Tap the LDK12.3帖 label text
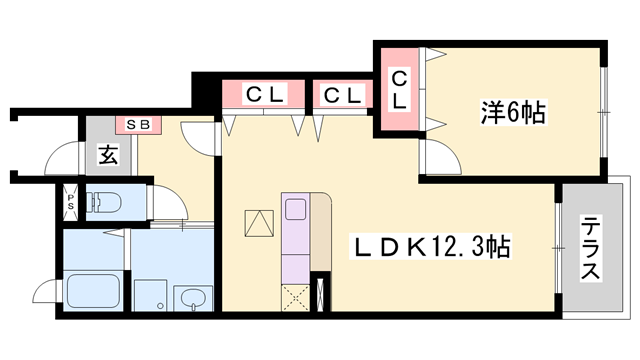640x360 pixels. [430, 246]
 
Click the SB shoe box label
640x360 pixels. [137, 125]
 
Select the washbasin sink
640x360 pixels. [193, 297]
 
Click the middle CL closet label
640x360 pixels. [342, 95]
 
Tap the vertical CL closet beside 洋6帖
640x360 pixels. [399, 89]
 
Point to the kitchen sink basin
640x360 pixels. [297, 209]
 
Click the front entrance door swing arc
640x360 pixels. [62, 159]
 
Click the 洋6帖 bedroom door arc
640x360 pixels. [436, 158]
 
